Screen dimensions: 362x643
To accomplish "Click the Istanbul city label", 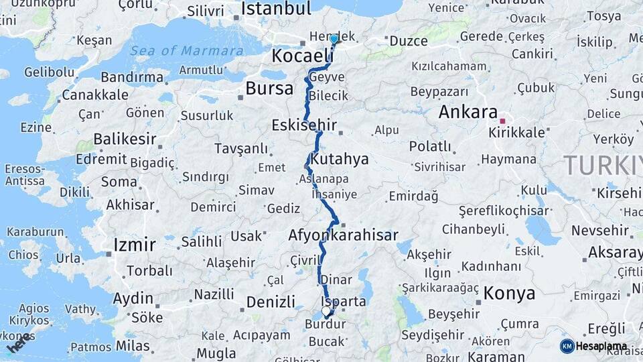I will point(276,9).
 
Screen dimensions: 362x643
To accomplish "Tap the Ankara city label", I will point(468,112).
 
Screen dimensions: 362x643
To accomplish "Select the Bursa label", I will point(269,88).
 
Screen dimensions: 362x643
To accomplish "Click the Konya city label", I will point(509,293).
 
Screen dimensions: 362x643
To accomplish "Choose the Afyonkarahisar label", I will point(342,235).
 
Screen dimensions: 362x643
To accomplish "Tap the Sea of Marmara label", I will point(186,51).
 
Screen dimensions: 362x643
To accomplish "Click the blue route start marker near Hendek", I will point(334,39).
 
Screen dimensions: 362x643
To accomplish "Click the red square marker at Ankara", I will point(502,121).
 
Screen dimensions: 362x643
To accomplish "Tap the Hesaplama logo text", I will point(601,346).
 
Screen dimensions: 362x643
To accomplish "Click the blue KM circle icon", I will point(567,346).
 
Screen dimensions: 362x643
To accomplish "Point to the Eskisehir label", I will point(304,125).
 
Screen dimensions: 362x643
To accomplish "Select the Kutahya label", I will point(340,160).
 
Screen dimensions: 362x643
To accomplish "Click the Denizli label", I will point(271,302).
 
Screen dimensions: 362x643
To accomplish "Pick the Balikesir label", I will point(125,139).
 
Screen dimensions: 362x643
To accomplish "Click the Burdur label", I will point(325,324).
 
